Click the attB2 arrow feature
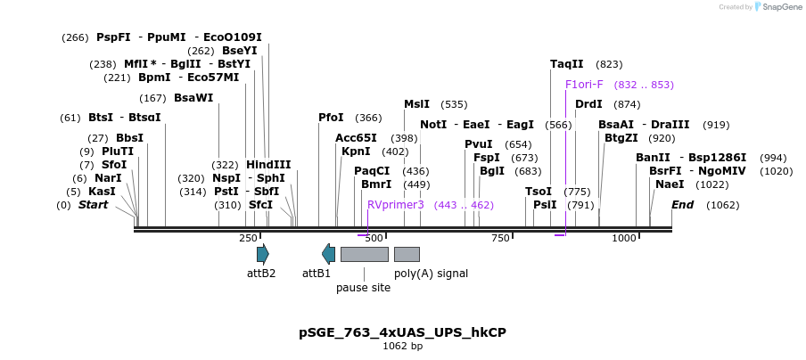[x=262, y=254]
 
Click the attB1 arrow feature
[x=329, y=254]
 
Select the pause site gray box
[x=364, y=254]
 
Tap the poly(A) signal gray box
[x=407, y=254]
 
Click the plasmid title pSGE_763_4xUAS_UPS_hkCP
[x=402, y=332]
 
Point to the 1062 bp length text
[x=402, y=346]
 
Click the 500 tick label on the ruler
[x=374, y=238]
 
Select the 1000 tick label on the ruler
[x=624, y=238]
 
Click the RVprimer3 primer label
[x=396, y=205]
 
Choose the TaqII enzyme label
[x=567, y=64]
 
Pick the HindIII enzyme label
[x=268, y=165]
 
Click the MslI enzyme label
[x=416, y=104]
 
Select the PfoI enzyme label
[x=331, y=118]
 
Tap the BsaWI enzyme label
[x=193, y=98]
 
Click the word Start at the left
[x=93, y=205]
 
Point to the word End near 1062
[x=682, y=205]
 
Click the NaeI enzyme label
[x=670, y=184]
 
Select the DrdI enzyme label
[x=588, y=104]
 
